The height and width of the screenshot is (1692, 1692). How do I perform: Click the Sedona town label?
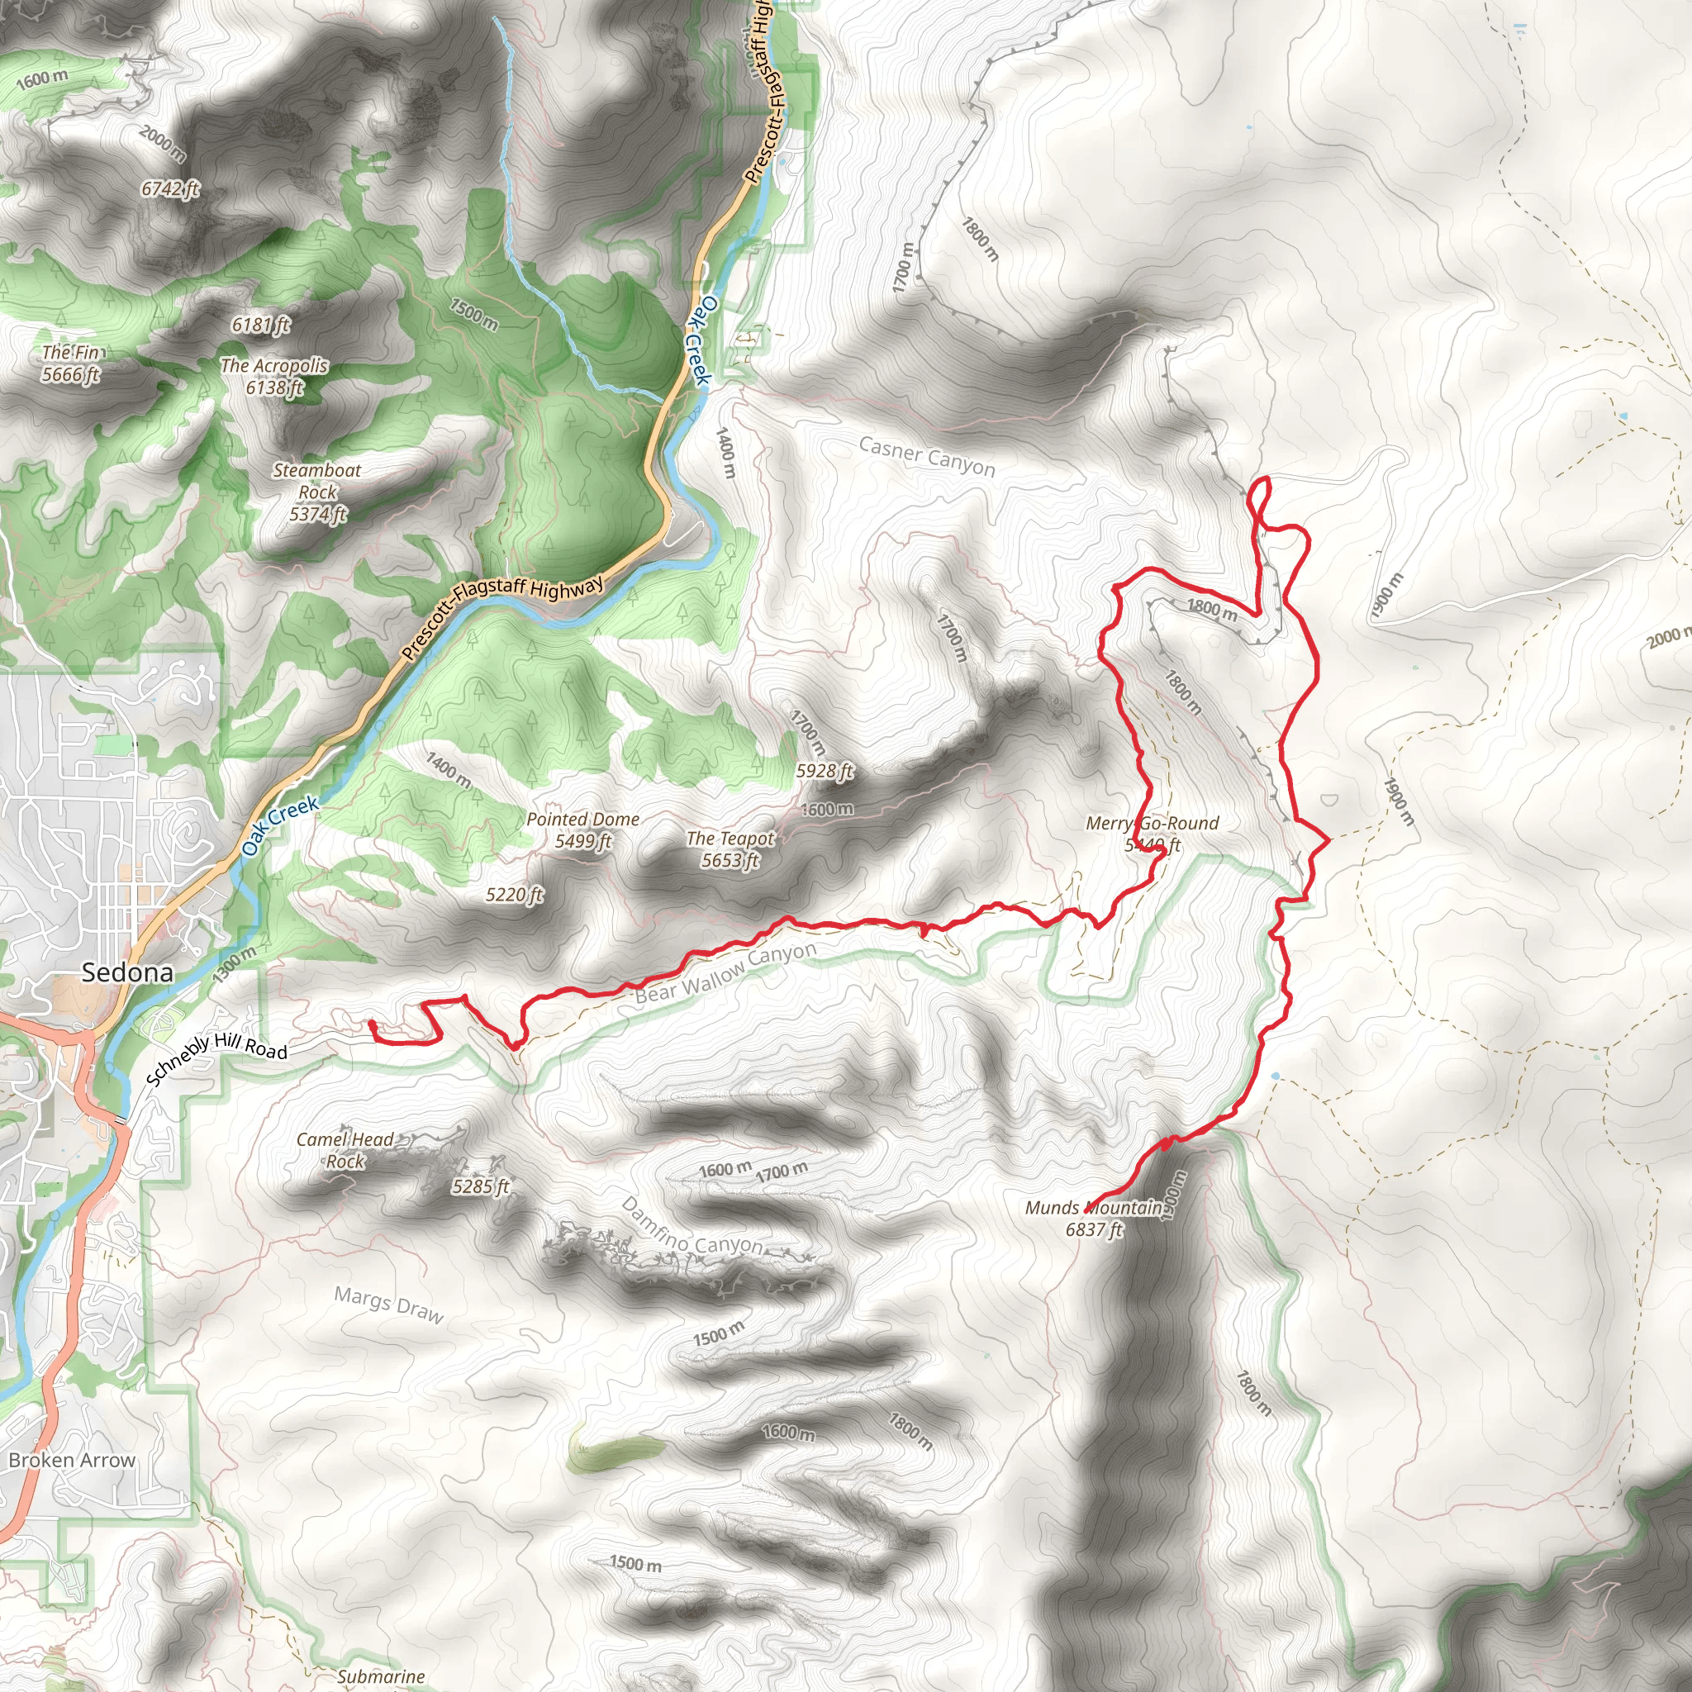(x=127, y=972)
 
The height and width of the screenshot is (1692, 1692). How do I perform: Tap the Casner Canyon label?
(x=927, y=456)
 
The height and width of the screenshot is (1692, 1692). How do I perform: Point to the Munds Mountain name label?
(x=1095, y=1209)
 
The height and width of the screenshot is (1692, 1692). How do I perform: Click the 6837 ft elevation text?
(x=1094, y=1230)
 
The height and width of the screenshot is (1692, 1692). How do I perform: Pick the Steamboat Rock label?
(x=317, y=481)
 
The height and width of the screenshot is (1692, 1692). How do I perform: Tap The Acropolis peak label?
(x=274, y=366)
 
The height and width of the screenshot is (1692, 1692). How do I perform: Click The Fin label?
(x=72, y=352)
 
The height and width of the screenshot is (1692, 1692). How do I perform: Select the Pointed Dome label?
(x=582, y=820)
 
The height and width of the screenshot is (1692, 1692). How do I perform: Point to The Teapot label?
(x=730, y=839)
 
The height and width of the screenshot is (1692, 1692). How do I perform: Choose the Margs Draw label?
(x=389, y=1304)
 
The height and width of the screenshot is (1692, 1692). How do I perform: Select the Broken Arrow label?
(x=72, y=1461)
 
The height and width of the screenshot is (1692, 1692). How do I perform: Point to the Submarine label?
(x=381, y=1676)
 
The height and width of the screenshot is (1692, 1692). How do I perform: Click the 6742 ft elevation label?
(x=170, y=188)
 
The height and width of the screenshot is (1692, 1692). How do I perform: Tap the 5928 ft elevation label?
(x=824, y=772)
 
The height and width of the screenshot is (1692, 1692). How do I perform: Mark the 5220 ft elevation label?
(x=515, y=894)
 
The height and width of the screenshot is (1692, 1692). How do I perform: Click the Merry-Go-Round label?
(x=1152, y=823)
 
